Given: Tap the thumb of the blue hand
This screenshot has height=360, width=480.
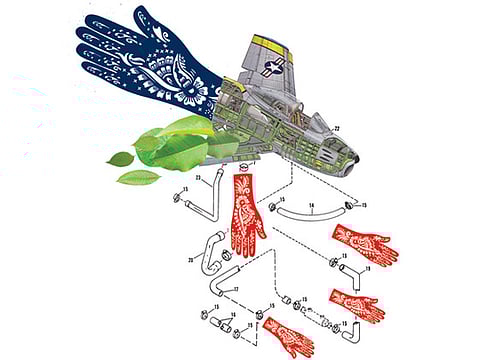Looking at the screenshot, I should coord(146,19).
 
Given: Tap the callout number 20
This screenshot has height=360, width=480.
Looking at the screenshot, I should coord(190,259).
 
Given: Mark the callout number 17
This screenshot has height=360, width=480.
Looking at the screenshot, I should coord(236,290).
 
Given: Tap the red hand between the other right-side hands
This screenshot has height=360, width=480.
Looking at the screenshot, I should coord(356,302).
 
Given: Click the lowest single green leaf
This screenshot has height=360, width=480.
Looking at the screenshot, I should coord(137,177).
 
